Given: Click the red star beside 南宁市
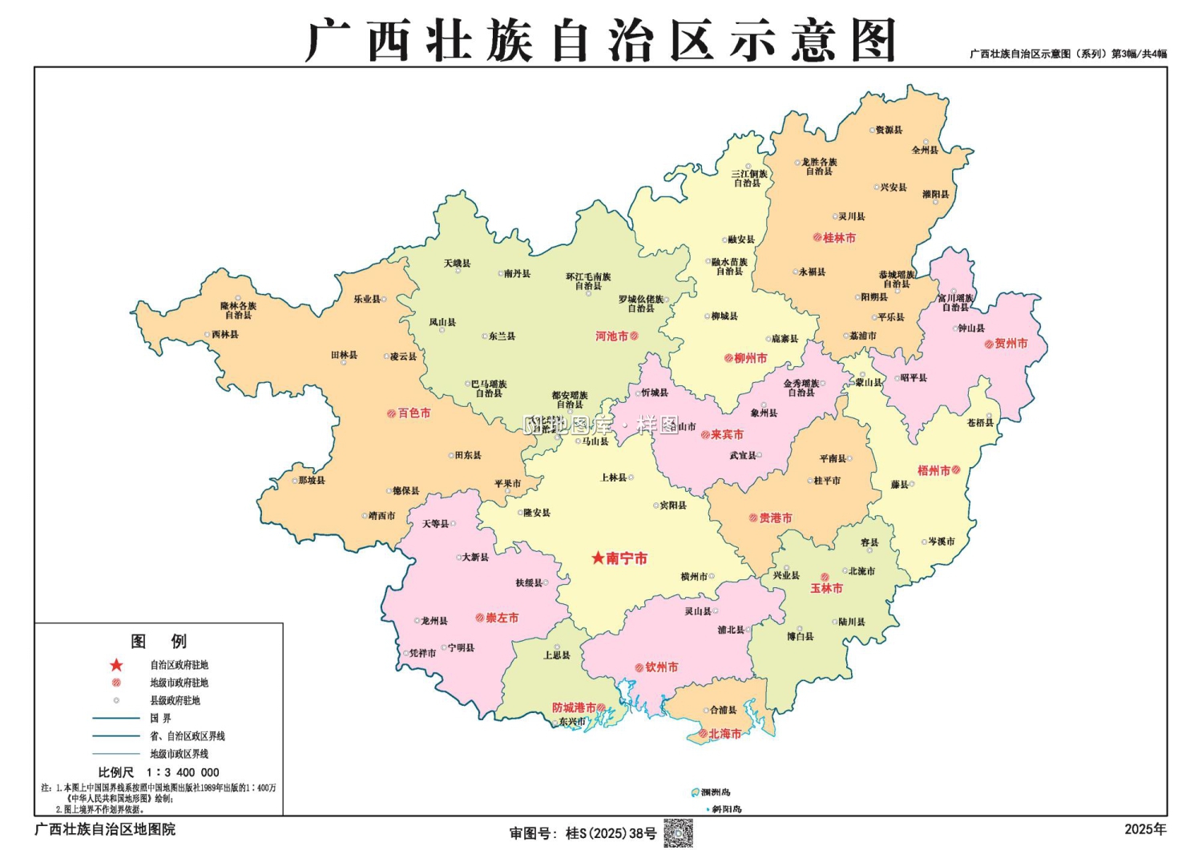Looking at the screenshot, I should click(x=598, y=558).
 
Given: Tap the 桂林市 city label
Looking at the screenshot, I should click(x=839, y=238).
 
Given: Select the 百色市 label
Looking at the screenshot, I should click(x=414, y=413).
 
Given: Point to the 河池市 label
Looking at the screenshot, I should click(x=611, y=336).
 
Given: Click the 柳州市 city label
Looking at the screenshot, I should click(x=751, y=358).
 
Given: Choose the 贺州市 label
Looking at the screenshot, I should click(x=1011, y=344).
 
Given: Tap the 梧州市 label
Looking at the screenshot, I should click(x=934, y=470).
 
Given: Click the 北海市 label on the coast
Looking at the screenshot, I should click(x=724, y=733).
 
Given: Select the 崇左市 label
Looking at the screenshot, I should click(x=502, y=618).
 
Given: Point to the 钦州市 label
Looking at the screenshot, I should click(x=662, y=667).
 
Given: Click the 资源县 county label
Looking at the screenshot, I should click(x=889, y=130).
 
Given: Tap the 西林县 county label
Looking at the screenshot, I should click(x=225, y=334).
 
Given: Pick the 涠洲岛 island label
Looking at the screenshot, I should click(x=716, y=792).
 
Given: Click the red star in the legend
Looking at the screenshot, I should click(x=117, y=665).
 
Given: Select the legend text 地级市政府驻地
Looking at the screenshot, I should click(x=179, y=683).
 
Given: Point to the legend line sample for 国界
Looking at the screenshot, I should click(x=116, y=719).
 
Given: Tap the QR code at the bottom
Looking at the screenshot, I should click(x=678, y=833).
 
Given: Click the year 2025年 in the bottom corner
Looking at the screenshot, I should click(x=1145, y=829).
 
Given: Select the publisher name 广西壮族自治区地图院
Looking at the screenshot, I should click(x=105, y=829).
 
